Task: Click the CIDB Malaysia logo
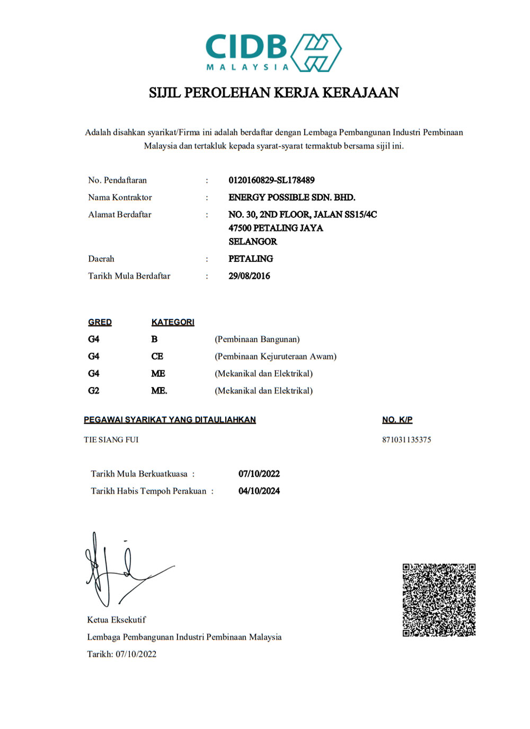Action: click(273, 52)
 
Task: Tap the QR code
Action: click(439, 600)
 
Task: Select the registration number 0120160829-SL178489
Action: click(271, 180)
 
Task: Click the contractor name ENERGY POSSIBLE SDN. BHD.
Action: click(291, 197)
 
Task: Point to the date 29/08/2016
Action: click(249, 276)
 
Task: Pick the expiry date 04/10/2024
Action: click(259, 491)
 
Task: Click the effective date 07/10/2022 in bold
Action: click(259, 474)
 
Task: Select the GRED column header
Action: click(100, 322)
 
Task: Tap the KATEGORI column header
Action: click(173, 322)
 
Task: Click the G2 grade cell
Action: click(94, 391)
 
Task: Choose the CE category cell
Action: click(157, 356)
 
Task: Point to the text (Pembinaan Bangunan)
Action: click(257, 339)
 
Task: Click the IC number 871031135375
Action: click(407, 440)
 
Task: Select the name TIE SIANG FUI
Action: click(111, 440)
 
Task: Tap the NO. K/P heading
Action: click(397, 420)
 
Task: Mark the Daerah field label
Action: click(101, 259)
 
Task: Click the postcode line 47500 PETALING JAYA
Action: click(276, 228)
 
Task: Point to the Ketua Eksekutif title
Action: click(117, 620)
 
